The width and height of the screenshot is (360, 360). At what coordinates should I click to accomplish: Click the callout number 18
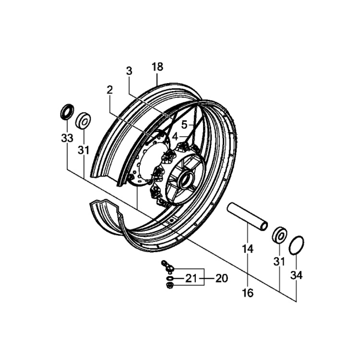pyautogui.click(x=157, y=67)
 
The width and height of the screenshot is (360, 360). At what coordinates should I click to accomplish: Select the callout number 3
pyautogui.click(x=129, y=71)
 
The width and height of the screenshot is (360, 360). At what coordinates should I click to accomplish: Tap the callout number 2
pyautogui.click(x=110, y=90)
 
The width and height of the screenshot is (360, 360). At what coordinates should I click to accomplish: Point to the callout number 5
pyautogui.click(x=184, y=125)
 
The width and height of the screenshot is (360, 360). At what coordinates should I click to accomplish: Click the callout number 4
pyautogui.click(x=175, y=137)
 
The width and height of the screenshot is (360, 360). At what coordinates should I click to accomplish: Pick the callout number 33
pyautogui.click(x=67, y=138)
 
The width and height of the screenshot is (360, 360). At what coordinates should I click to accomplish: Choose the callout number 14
pyautogui.click(x=248, y=249)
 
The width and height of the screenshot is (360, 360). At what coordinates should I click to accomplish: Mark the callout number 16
pyautogui.click(x=248, y=293)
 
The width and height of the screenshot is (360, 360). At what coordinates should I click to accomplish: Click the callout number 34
pyautogui.click(x=297, y=276)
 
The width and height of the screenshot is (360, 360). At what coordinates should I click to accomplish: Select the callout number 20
pyautogui.click(x=222, y=278)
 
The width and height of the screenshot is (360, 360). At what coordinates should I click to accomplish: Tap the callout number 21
pyautogui.click(x=191, y=278)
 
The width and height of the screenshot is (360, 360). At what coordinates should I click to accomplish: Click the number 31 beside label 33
pyautogui.click(x=84, y=150)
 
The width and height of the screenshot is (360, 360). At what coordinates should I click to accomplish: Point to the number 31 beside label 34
pyautogui.click(x=279, y=262)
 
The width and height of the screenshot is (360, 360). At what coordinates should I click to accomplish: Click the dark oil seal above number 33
pyautogui.click(x=67, y=112)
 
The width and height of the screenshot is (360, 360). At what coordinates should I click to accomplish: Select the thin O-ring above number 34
pyautogui.click(x=297, y=245)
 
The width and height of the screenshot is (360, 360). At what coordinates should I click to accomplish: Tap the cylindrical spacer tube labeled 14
pyautogui.click(x=247, y=216)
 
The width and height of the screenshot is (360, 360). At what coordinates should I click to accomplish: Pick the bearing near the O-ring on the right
pyautogui.click(x=279, y=235)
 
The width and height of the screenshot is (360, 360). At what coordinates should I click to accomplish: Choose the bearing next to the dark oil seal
pyautogui.click(x=83, y=121)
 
